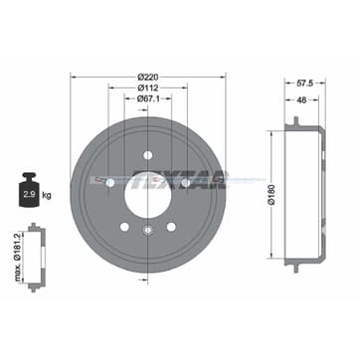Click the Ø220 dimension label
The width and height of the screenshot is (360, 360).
point(148,77)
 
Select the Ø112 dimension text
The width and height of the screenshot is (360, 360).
point(148,88)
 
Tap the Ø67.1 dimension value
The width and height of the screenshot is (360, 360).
point(148,98)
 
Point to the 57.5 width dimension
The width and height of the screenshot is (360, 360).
point(304,84)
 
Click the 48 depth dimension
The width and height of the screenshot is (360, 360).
point(301,99)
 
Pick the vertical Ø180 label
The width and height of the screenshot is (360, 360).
point(271,195)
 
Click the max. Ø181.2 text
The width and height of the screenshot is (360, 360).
point(18,257)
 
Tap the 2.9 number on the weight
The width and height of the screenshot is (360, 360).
point(30,195)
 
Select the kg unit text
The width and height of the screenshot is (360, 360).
point(47,196)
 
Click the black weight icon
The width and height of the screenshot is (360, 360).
point(30,190)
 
